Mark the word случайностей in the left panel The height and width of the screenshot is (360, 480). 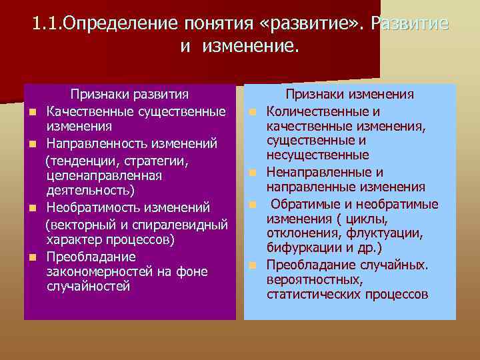pyautogui.click(x=88, y=287)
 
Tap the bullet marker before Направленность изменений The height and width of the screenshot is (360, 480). pyautogui.click(x=31, y=144)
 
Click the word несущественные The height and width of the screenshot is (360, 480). pyautogui.click(x=318, y=155)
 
